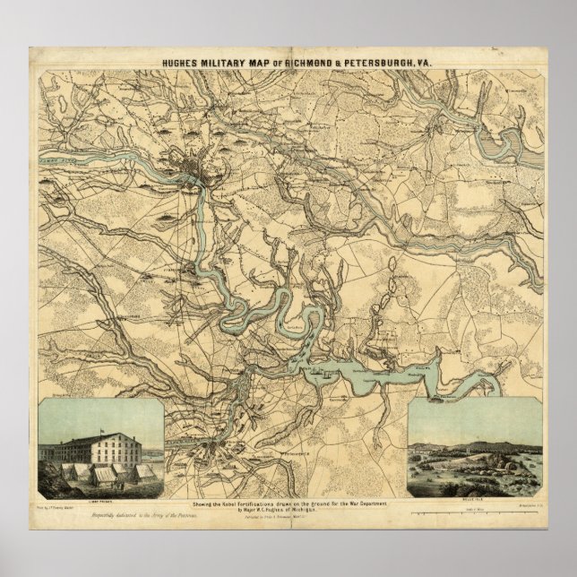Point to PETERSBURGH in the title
coord(376,64)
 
